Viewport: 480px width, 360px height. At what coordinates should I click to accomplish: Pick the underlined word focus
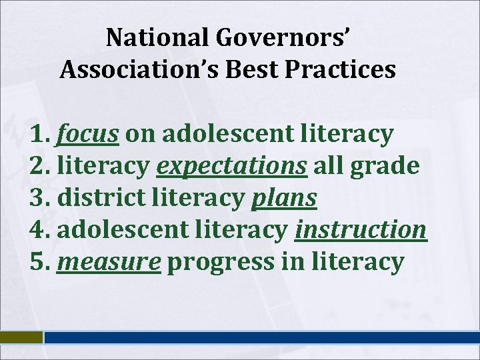[x=88, y=134]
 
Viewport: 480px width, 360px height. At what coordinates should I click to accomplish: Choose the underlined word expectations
[x=231, y=166]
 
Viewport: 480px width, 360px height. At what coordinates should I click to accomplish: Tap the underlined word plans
[x=283, y=198]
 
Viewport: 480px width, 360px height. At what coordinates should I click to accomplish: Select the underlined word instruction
[x=360, y=230]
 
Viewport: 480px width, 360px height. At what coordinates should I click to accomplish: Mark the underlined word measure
[x=109, y=262]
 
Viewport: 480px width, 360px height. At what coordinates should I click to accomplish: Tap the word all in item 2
[x=327, y=166]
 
